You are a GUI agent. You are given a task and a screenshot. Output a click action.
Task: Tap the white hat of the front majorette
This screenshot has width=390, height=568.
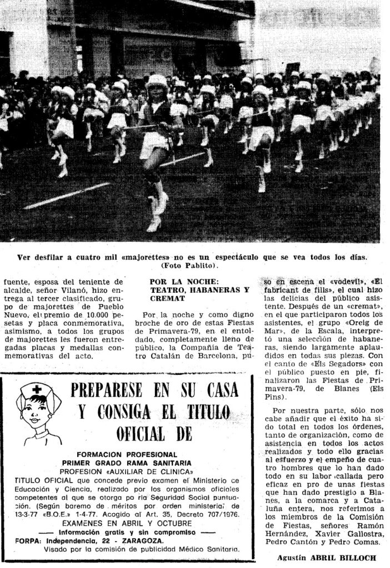coord(157,80)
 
